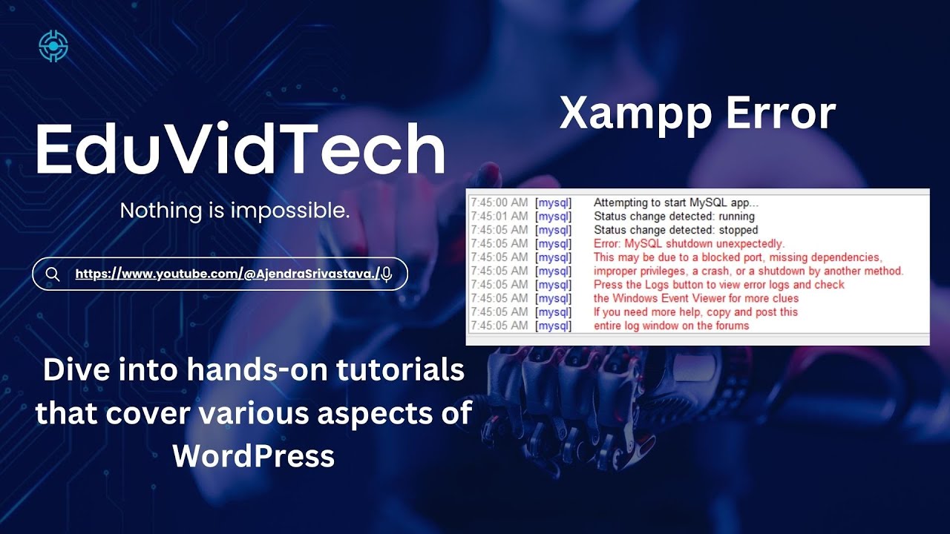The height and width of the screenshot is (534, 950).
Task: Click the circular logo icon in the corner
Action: (x=53, y=46)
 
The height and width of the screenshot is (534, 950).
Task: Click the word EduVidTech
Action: (x=240, y=149)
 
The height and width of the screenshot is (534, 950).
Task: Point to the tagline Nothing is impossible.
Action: (x=235, y=211)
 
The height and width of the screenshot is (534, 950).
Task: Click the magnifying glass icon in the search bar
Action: (x=53, y=274)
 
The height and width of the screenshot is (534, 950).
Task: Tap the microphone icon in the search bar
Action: (x=386, y=274)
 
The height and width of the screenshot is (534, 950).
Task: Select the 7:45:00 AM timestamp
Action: (x=499, y=202)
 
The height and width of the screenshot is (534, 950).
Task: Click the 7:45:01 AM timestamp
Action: (x=499, y=217)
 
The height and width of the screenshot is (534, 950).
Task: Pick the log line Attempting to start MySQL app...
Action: (x=676, y=202)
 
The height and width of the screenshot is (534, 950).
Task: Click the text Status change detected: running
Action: (x=674, y=217)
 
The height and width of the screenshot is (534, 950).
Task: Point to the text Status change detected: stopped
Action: (x=675, y=230)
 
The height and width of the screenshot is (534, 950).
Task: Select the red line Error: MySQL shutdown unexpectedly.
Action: (x=689, y=243)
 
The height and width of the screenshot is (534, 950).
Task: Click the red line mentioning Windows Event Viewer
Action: (x=696, y=298)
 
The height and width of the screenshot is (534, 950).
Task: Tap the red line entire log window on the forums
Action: (x=671, y=326)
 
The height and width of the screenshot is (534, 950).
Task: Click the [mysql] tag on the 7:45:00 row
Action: (x=553, y=202)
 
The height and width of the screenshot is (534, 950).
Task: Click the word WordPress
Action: (x=253, y=455)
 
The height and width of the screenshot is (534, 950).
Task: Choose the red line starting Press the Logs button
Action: (x=718, y=285)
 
